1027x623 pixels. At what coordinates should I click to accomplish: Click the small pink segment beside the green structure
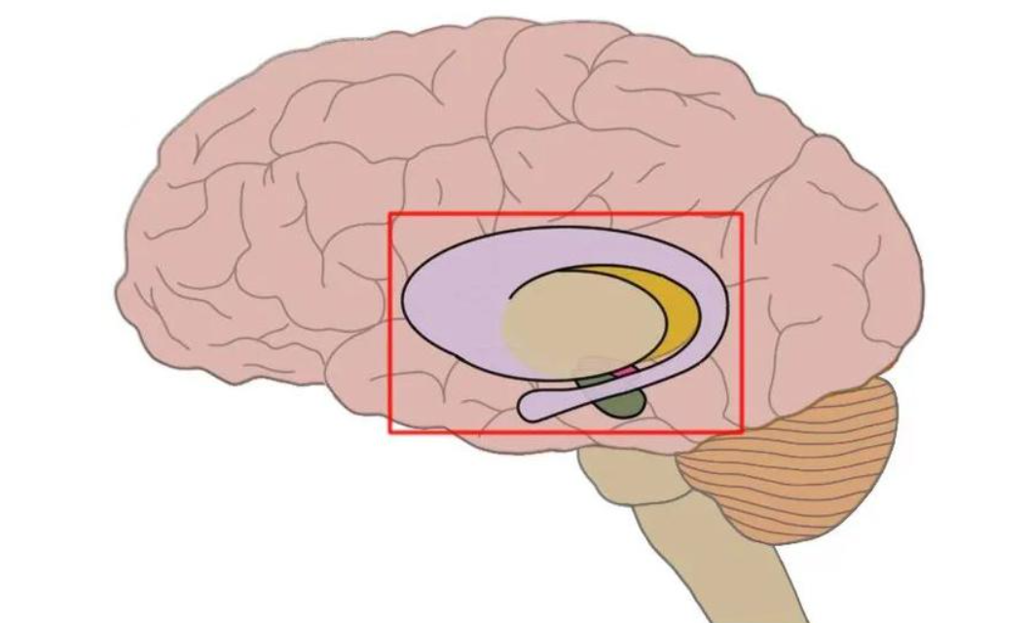[624, 372]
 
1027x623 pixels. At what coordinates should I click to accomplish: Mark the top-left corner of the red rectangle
[390, 214]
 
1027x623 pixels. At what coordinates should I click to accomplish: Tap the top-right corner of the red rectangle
[742, 214]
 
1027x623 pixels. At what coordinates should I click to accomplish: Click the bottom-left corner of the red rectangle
[390, 431]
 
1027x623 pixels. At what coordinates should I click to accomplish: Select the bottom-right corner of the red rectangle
[742, 431]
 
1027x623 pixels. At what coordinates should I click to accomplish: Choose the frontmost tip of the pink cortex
[120, 292]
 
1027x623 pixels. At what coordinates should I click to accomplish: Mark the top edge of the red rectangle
[565, 214]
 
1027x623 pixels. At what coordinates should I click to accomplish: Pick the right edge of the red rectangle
[742, 321]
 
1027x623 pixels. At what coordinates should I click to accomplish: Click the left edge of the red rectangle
[390, 321]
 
